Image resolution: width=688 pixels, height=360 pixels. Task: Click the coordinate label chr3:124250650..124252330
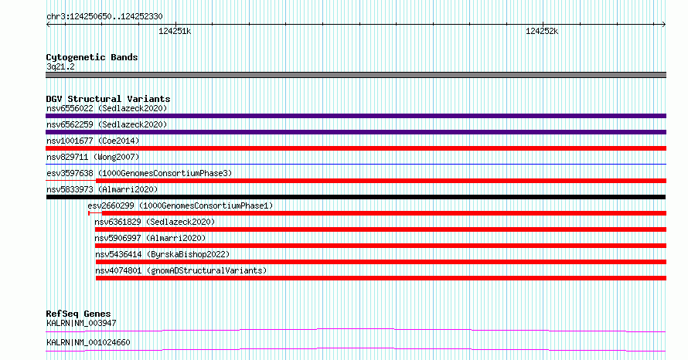104,17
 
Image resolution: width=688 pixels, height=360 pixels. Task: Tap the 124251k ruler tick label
175,31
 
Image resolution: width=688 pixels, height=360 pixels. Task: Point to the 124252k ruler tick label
542,31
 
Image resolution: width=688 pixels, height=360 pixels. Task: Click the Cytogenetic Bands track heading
92,57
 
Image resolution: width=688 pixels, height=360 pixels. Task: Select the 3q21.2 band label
60,66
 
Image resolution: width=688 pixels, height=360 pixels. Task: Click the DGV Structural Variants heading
108,99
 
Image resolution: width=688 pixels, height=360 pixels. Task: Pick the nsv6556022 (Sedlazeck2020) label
107,108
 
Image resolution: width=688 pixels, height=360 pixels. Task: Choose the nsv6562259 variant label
107,124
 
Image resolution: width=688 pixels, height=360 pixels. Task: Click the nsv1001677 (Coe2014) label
93,141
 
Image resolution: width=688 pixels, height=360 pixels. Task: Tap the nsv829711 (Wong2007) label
93,157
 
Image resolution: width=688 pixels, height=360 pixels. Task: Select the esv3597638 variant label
139,173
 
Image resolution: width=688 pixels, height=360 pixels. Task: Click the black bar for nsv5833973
356,197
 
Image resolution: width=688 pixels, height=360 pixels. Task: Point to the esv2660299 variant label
180,205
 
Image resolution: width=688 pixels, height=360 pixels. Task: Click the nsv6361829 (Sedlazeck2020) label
155,222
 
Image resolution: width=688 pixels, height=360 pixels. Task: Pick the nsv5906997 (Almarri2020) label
150,238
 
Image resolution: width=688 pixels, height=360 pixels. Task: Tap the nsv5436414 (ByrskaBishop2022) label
162,254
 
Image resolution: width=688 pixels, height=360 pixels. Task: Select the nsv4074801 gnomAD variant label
181,270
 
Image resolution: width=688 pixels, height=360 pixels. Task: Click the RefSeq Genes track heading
78,314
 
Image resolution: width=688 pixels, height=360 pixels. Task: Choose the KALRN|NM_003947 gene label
81,323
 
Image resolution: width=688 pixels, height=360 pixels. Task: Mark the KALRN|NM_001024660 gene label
88,342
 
